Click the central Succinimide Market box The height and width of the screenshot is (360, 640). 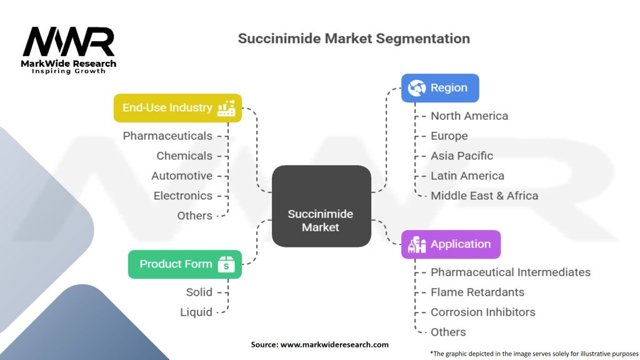click(321, 206)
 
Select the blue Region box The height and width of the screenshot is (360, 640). click(440, 88)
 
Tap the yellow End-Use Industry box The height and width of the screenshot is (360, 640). click(177, 108)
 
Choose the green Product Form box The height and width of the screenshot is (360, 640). click(184, 264)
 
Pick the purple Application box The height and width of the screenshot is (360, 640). click(450, 244)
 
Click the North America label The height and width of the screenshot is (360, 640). click(469, 116)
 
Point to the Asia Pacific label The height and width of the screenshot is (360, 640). click(461, 156)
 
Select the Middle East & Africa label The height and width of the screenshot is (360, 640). click(484, 196)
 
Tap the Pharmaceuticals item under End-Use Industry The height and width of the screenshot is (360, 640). click(167, 136)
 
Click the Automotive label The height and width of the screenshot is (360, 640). click(182, 176)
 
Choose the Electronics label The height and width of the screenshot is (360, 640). click(183, 196)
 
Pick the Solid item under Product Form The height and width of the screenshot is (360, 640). click(199, 292)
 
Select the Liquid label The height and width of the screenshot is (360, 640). click(196, 312)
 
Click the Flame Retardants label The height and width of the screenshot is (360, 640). click(477, 292)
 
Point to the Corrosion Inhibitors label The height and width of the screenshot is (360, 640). click(482, 312)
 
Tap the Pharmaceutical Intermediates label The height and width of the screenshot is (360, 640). click(510, 272)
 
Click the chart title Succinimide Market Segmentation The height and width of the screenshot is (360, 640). click(354, 39)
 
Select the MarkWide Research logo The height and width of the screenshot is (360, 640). click(69, 48)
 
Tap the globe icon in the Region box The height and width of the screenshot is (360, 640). click(416, 88)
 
